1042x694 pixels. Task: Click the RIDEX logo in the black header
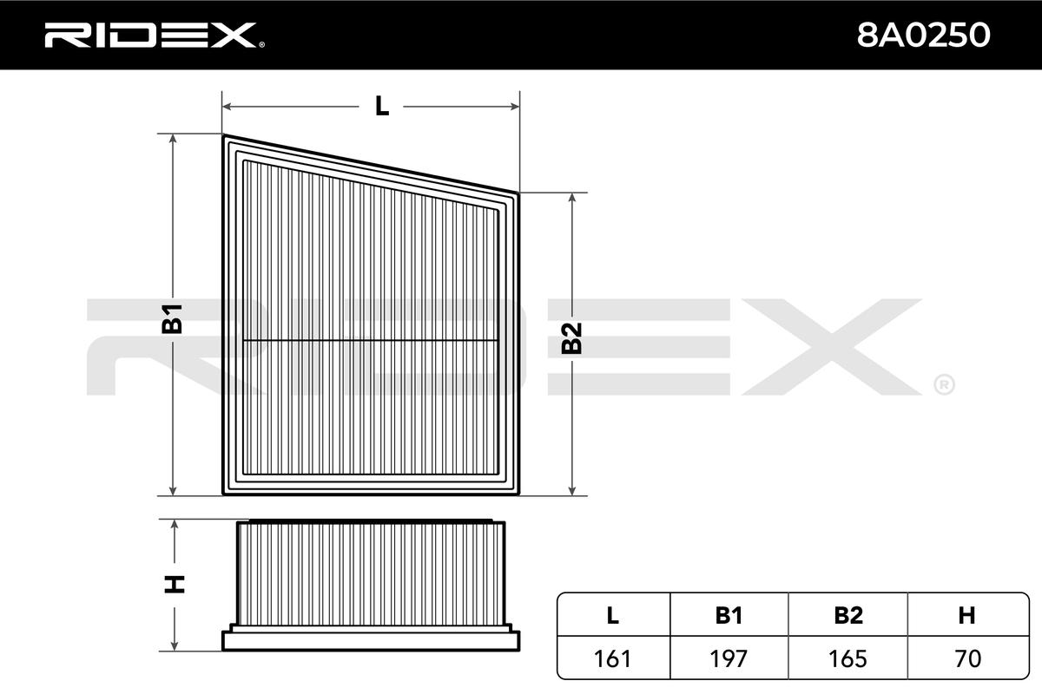tap(154, 36)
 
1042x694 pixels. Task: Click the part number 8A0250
tap(923, 36)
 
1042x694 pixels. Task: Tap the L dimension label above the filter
tap(382, 107)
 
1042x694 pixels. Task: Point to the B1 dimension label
tap(172, 319)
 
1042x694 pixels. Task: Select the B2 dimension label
tap(571, 338)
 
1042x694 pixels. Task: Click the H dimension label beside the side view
tap(175, 585)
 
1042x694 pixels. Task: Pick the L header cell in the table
tap(613, 615)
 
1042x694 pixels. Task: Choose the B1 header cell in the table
tap(729, 615)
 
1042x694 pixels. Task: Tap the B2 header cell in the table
tap(848, 615)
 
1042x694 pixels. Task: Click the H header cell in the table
tap(966, 615)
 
